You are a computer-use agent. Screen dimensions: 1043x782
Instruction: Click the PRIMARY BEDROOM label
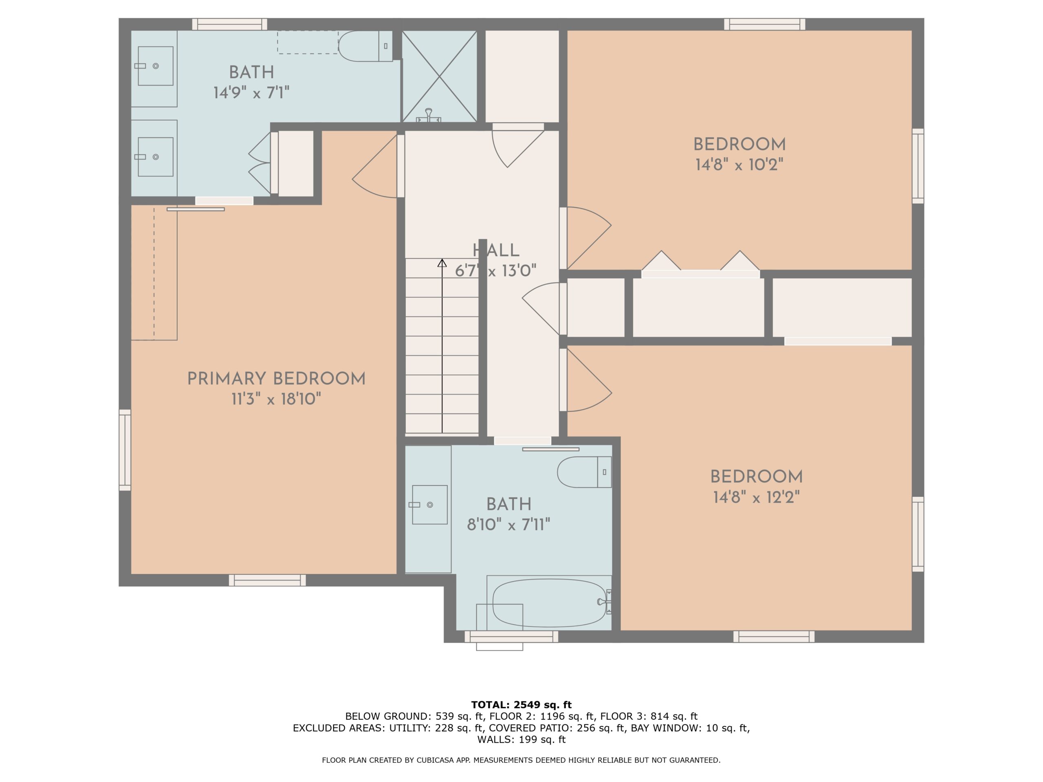coord(276,378)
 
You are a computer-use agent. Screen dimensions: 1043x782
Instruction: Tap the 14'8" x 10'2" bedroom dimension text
coord(739,165)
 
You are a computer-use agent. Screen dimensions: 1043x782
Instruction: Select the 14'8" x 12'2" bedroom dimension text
coord(756,497)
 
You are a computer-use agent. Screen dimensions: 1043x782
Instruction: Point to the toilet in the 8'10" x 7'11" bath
coord(584,472)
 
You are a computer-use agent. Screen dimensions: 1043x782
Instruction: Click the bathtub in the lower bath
coord(549,603)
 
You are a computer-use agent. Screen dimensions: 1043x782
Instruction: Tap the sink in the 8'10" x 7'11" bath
coord(429,505)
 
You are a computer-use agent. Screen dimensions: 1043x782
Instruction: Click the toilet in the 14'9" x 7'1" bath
coord(365,46)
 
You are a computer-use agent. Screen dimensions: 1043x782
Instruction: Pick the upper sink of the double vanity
coord(155,66)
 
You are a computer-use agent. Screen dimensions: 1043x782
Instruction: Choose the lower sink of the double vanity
coord(155,157)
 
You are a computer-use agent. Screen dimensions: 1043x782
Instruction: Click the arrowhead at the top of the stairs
coord(442,263)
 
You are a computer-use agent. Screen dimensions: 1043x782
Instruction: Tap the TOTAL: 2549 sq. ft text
coord(521,705)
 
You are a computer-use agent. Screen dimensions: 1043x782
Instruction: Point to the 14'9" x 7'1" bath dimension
coord(251,93)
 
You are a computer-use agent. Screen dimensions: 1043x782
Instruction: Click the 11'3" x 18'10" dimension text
coord(276,400)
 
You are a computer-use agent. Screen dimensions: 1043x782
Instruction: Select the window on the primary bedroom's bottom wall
coord(267,580)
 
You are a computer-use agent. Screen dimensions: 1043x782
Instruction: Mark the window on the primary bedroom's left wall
coord(125,450)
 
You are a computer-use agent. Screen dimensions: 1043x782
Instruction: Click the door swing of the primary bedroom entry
coord(374,165)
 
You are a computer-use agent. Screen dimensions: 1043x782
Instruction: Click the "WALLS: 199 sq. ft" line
coord(521,739)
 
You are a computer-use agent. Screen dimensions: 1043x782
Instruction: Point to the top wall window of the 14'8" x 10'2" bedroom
coord(765,24)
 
